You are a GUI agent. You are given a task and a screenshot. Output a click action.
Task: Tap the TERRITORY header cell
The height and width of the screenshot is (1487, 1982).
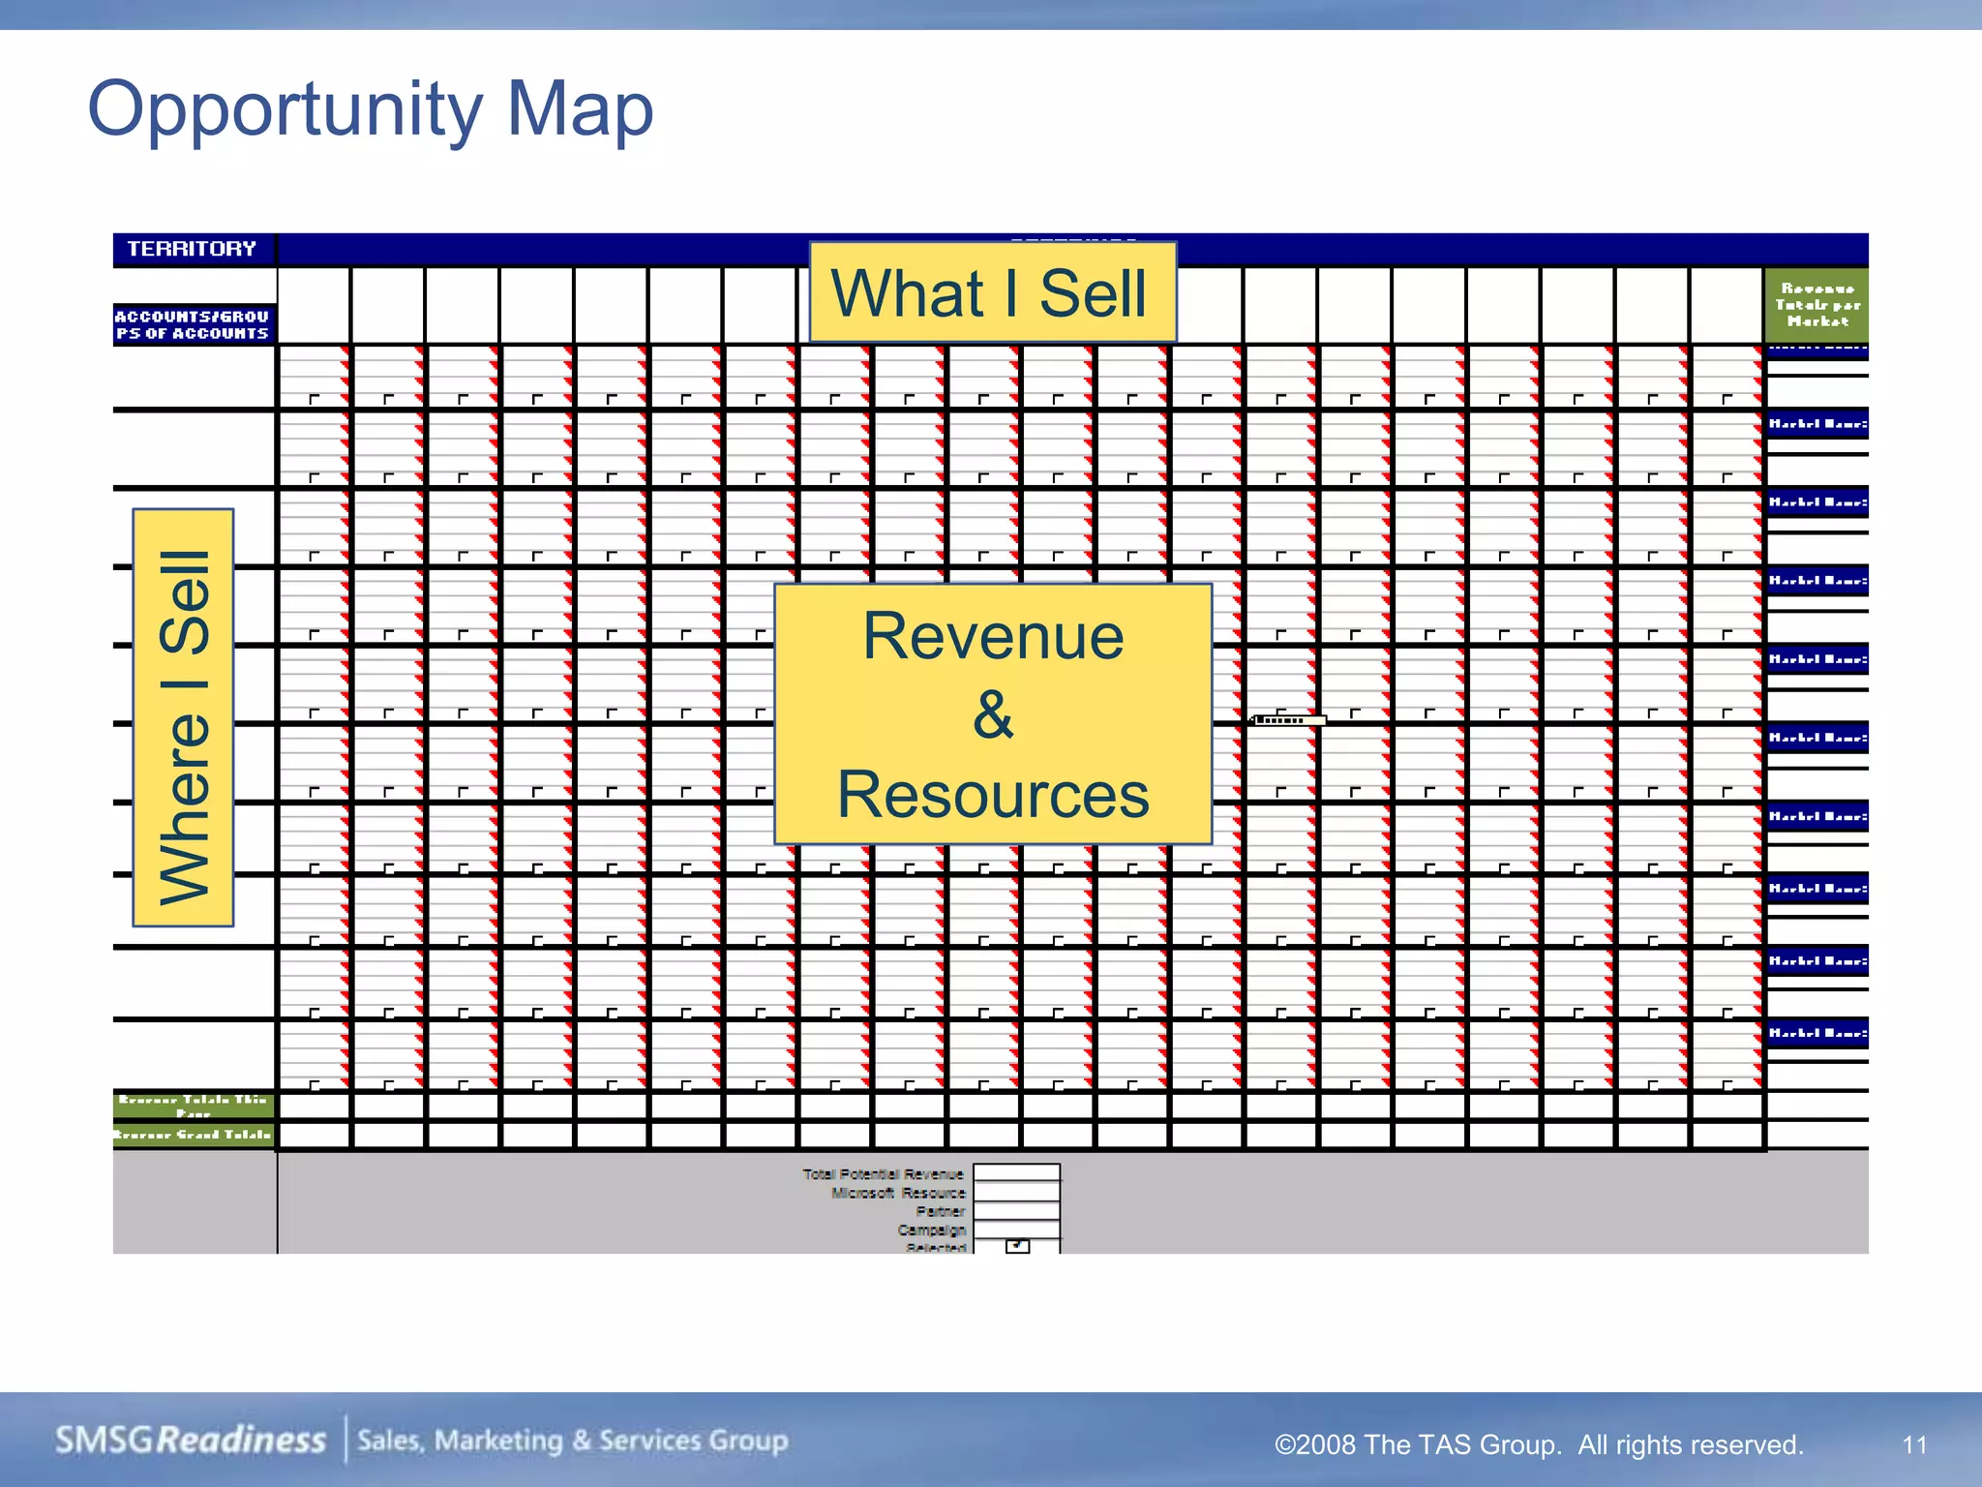(x=193, y=249)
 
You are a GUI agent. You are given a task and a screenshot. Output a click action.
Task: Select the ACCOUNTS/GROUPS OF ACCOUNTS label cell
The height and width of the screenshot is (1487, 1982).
(x=193, y=324)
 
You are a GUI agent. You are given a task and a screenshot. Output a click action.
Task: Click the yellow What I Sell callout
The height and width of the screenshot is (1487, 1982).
(x=991, y=293)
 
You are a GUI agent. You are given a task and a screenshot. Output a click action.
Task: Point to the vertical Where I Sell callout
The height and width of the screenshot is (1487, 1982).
(x=184, y=717)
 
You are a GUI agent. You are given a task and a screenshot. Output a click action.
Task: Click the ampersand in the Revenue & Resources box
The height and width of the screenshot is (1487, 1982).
(x=993, y=715)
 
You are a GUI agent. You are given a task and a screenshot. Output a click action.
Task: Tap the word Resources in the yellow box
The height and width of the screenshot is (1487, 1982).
(x=993, y=795)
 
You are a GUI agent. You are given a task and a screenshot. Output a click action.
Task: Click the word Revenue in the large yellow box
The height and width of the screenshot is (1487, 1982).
(x=993, y=636)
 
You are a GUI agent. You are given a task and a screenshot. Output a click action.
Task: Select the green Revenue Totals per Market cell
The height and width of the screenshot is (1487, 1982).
(x=1817, y=305)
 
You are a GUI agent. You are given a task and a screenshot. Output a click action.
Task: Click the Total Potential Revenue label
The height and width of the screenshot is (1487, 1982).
(x=883, y=1174)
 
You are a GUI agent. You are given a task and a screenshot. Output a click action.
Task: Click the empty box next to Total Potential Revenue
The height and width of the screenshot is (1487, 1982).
(x=1016, y=1173)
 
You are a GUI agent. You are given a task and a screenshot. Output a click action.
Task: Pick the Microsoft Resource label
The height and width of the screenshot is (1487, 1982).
(x=898, y=1193)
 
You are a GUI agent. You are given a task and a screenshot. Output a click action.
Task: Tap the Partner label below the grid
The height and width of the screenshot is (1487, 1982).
(x=941, y=1211)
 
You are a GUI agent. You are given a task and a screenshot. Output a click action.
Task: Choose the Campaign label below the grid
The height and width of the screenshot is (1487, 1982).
(x=931, y=1229)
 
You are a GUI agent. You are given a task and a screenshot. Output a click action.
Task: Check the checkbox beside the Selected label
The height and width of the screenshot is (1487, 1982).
(x=1017, y=1247)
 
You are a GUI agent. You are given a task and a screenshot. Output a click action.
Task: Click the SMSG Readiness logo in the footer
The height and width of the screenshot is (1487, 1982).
(x=191, y=1441)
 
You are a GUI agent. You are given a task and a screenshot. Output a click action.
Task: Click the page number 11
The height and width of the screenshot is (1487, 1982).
(x=1914, y=1445)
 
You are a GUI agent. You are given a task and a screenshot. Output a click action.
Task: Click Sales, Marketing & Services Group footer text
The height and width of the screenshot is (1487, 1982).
(x=573, y=1441)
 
